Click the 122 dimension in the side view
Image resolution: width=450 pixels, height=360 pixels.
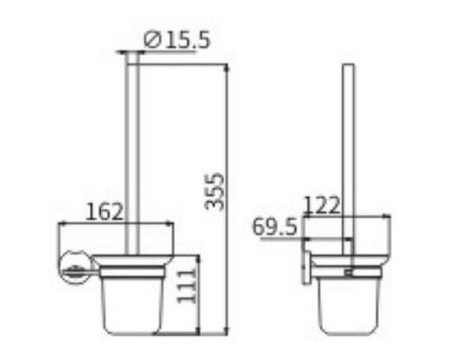[x=322, y=205]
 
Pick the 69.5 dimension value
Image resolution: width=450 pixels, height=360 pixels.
[x=274, y=228]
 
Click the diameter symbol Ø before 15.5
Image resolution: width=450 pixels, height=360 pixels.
[x=152, y=40]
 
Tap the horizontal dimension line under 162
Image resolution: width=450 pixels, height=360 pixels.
[x=115, y=222]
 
